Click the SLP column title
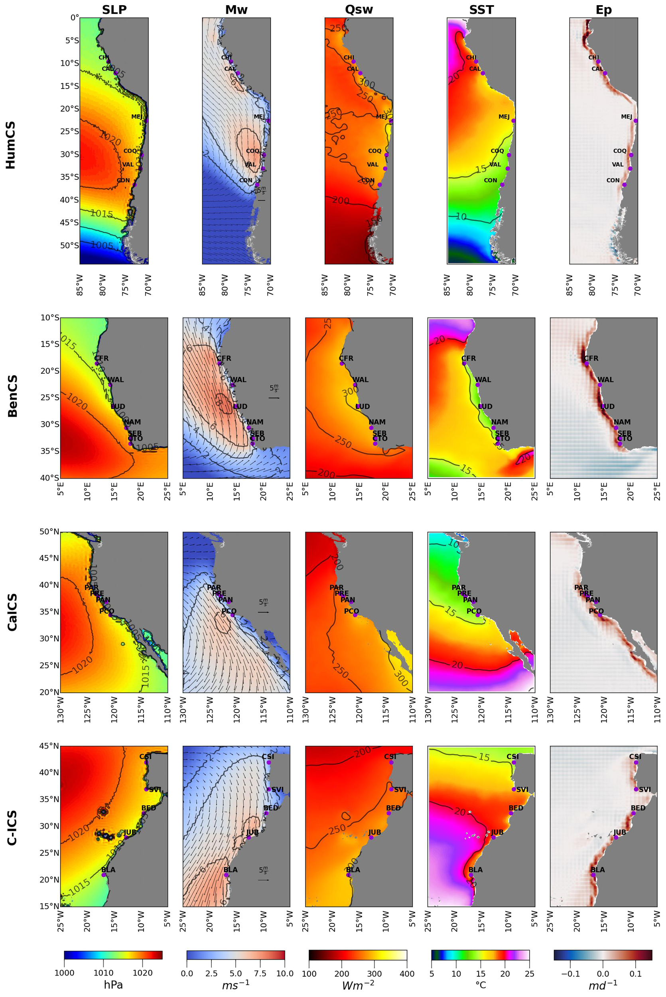click(x=114, y=9)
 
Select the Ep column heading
click(x=603, y=9)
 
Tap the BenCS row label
click(x=13, y=396)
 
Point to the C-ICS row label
click(x=13, y=827)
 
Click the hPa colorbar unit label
click(x=113, y=984)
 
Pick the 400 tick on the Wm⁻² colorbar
click(x=406, y=973)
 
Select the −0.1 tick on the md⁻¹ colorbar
click(x=570, y=973)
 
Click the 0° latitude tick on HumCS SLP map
click(x=75, y=18)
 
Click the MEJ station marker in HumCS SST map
click(x=513, y=120)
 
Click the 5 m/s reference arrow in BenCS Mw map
click(x=274, y=398)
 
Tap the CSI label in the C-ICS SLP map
click(x=145, y=756)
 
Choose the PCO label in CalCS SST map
click(x=474, y=611)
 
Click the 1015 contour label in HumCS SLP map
click(x=102, y=214)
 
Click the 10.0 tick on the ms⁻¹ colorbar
click(x=285, y=973)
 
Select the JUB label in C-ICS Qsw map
click(x=374, y=832)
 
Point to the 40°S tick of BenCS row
click(x=50, y=478)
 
